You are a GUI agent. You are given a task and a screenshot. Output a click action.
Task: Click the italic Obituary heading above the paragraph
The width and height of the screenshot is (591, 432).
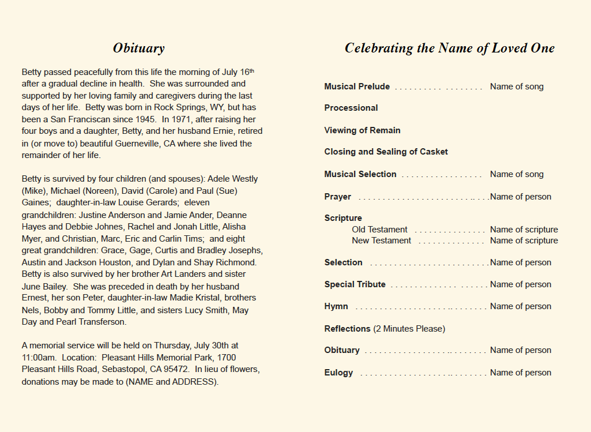[x=138, y=48]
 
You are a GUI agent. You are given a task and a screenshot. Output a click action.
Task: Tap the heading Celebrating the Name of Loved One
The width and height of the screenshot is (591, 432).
[x=449, y=48]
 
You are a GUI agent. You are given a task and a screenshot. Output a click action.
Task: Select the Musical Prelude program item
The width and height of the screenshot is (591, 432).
[x=357, y=87]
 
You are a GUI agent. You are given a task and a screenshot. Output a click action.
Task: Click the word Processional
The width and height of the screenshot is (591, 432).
[x=351, y=108]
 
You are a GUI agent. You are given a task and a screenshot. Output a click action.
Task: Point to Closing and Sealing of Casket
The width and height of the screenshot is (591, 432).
[x=386, y=152]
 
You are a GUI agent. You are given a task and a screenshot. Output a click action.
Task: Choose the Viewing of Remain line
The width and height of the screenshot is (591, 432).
[x=362, y=131]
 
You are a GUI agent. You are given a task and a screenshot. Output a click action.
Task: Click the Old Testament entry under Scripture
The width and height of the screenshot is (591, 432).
[x=379, y=230]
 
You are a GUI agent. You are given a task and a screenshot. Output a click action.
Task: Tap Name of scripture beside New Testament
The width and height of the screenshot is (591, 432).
[x=524, y=241]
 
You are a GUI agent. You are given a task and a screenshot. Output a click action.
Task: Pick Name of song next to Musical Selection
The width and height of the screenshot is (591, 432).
[x=517, y=174]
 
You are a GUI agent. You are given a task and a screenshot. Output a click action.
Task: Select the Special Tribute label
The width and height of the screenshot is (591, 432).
[x=355, y=284]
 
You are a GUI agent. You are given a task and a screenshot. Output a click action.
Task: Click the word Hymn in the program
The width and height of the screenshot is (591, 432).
[x=336, y=307]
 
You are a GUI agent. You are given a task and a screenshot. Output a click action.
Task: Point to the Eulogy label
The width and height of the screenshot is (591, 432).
[x=338, y=373]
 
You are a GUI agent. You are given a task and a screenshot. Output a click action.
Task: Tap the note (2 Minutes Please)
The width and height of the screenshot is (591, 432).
[x=409, y=329]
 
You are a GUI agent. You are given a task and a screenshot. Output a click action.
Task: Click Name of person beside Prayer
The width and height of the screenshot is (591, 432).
[x=521, y=197]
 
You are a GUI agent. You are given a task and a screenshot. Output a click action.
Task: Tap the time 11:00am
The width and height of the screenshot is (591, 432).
[x=38, y=358]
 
